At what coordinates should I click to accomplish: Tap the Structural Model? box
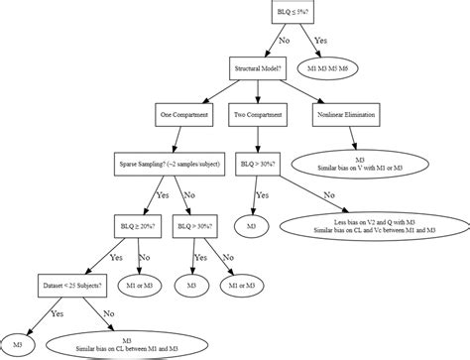258,68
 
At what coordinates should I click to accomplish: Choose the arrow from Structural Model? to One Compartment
221,92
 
